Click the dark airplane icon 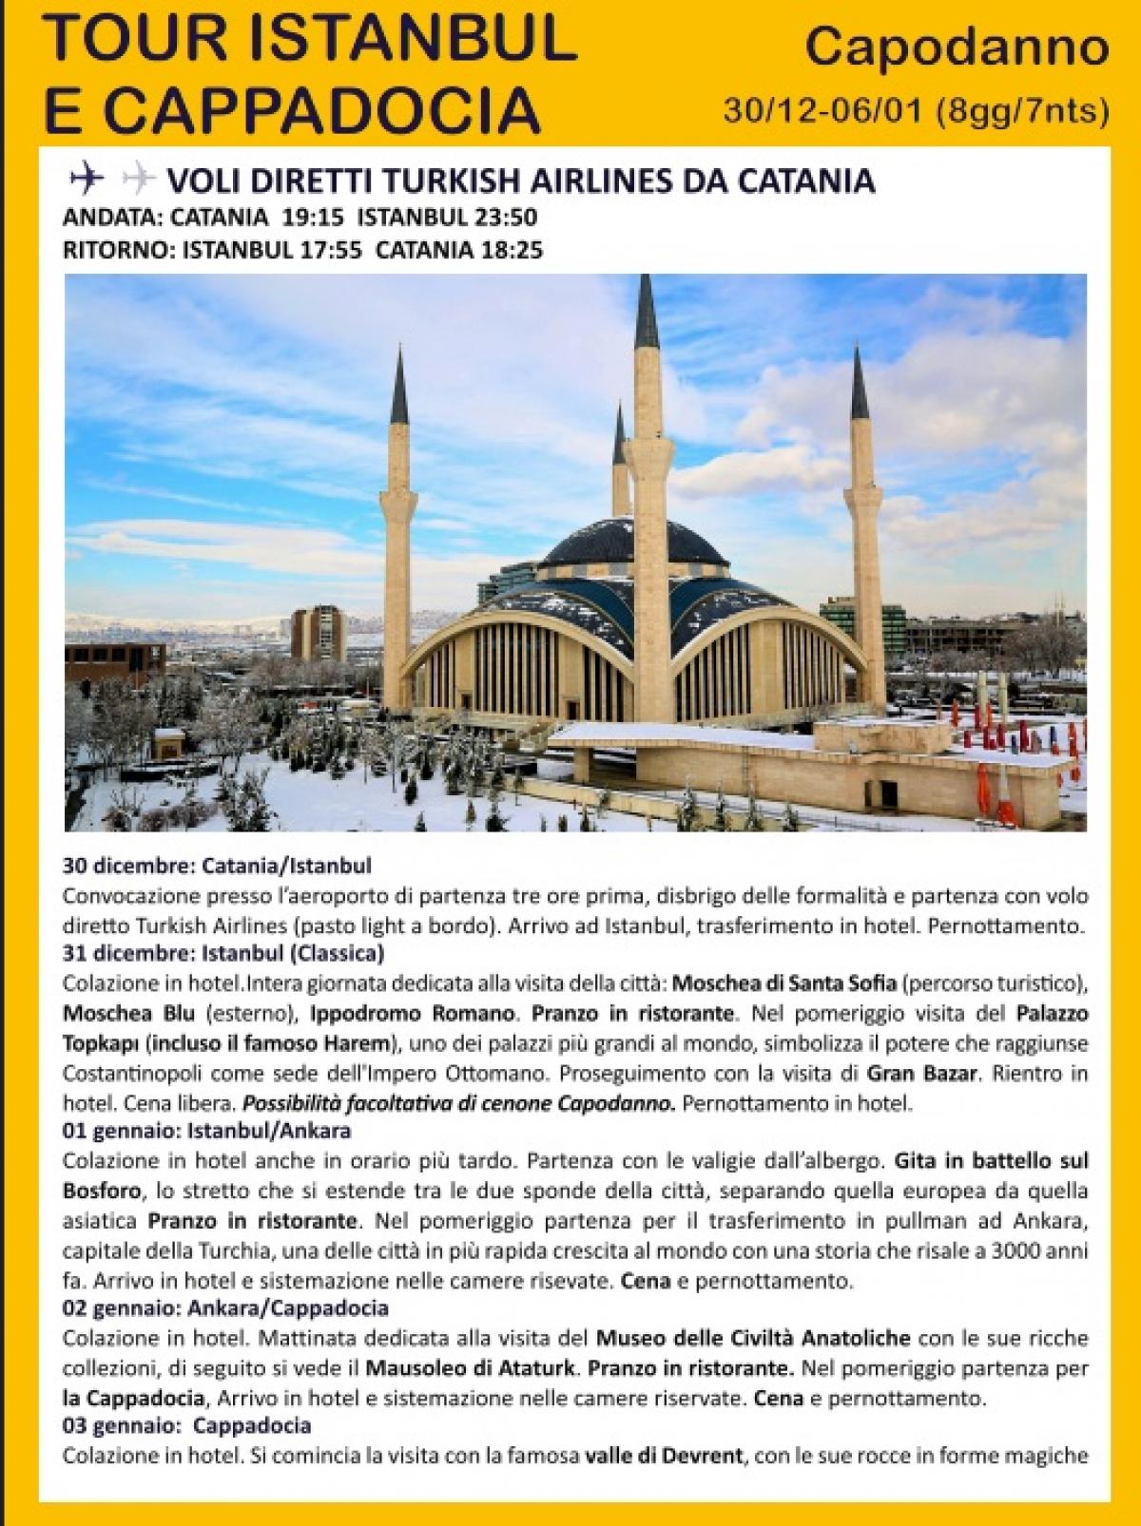click(x=87, y=178)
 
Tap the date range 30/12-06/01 click(x=822, y=111)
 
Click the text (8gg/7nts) click(x=1021, y=111)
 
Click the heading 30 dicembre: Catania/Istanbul click(x=217, y=866)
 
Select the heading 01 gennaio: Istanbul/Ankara click(x=206, y=1131)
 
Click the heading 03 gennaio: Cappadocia click(x=186, y=1426)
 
